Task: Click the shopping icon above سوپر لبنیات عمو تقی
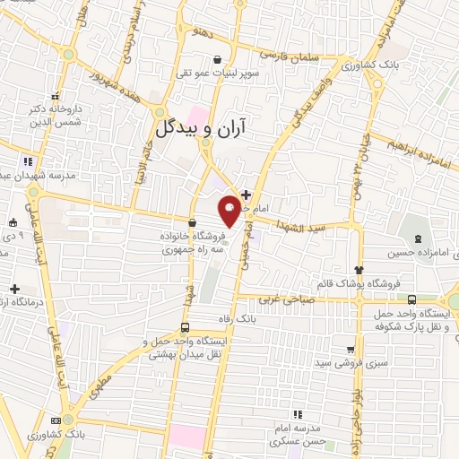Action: pos(218,59)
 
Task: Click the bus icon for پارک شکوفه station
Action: pos(411,300)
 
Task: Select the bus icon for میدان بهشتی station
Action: pos(184,327)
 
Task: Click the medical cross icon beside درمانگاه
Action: pos(14,288)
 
